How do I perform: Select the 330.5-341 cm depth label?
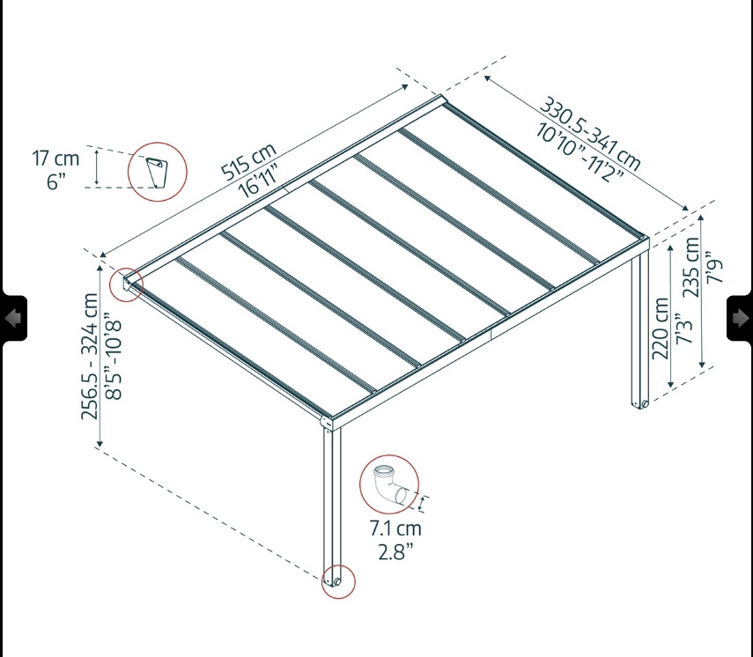590,134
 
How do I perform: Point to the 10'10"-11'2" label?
580,152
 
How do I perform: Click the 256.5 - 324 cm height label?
90,356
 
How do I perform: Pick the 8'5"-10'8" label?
114,356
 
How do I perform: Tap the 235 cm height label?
691,267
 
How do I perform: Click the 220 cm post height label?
661,328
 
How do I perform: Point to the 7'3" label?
684,328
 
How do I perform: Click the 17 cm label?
55,159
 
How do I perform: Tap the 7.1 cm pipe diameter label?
395,528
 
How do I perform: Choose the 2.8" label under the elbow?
395,552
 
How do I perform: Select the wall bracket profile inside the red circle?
157,173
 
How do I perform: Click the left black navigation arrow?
13,318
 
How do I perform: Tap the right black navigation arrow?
740,318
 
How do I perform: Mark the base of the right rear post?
640,404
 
